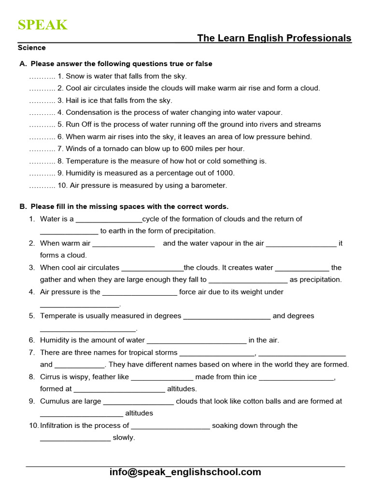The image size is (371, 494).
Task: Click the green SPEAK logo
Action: click(x=43, y=25)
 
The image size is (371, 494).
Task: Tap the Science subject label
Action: click(x=32, y=48)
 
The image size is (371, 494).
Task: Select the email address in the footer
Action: click(x=185, y=472)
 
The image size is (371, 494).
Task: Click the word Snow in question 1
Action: click(x=74, y=76)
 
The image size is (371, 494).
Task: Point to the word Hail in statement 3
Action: click(x=72, y=100)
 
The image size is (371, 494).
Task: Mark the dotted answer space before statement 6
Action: click(x=42, y=137)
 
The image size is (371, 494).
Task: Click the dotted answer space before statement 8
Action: click(x=42, y=161)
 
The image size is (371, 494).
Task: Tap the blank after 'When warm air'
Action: click(x=124, y=244)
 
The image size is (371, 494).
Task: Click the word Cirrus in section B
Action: click(x=50, y=377)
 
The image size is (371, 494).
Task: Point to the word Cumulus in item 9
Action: click(x=55, y=401)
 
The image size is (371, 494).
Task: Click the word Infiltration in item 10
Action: click(x=59, y=425)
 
